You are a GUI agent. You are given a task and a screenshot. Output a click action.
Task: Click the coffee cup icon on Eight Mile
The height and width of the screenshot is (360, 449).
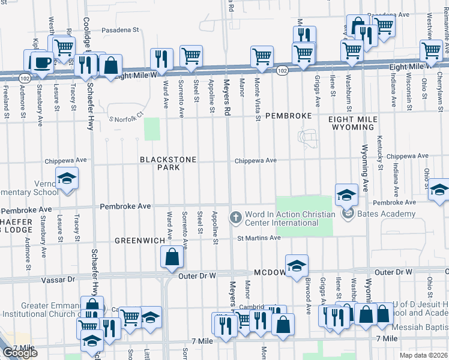[41, 62]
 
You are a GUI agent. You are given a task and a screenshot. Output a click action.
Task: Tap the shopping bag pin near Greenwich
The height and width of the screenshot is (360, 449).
[172, 257]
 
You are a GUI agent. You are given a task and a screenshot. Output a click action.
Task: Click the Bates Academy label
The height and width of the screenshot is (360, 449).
[386, 214]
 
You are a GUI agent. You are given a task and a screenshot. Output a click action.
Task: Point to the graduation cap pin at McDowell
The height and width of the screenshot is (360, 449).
[296, 267]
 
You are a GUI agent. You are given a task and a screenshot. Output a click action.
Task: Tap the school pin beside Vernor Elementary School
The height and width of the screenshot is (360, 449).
[67, 178]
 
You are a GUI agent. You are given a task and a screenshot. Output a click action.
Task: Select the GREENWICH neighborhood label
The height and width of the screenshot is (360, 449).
[140, 241]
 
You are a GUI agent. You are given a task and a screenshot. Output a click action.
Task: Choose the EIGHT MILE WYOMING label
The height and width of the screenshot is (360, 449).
[352, 123]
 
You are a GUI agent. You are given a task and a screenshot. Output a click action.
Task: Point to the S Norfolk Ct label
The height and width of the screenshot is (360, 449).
[127, 115]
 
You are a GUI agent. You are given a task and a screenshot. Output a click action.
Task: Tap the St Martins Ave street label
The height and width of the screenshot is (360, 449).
[258, 238]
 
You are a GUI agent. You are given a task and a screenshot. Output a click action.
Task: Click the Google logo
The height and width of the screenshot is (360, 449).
[20, 353]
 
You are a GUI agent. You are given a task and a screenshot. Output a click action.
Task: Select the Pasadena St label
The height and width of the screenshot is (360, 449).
[119, 29]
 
